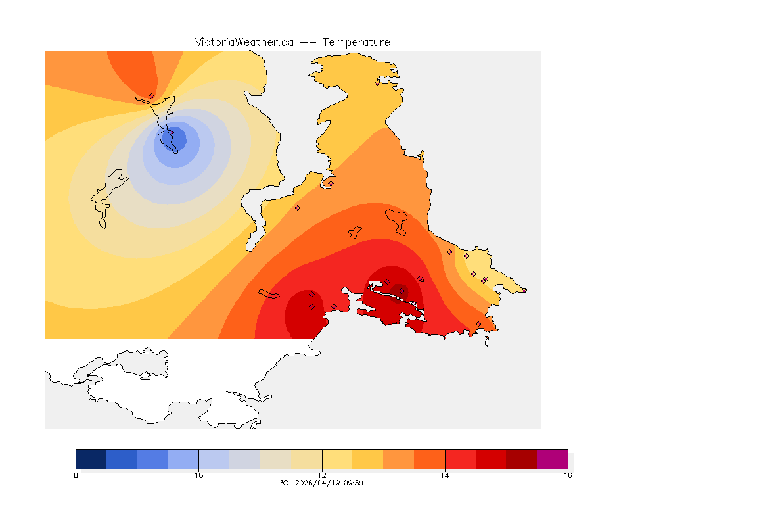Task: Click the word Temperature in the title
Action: [357, 42]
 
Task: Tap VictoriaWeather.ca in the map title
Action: [244, 42]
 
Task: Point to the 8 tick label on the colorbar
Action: [76, 475]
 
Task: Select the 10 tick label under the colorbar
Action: [198, 475]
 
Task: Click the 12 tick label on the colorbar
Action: [321, 475]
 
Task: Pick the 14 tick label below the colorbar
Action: [445, 475]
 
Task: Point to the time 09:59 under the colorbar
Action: [354, 483]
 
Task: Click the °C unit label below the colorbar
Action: [285, 483]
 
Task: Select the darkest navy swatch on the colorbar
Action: [91, 459]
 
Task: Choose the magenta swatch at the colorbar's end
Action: [552, 459]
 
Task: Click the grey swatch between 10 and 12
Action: [244, 459]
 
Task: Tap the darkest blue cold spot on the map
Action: [176, 139]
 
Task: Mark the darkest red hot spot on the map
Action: [399, 290]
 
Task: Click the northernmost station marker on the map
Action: [377, 83]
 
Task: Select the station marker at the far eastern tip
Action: [524, 290]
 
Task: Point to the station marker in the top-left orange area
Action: [151, 96]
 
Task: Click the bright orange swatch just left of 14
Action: [429, 459]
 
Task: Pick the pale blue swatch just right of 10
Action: [214, 459]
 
